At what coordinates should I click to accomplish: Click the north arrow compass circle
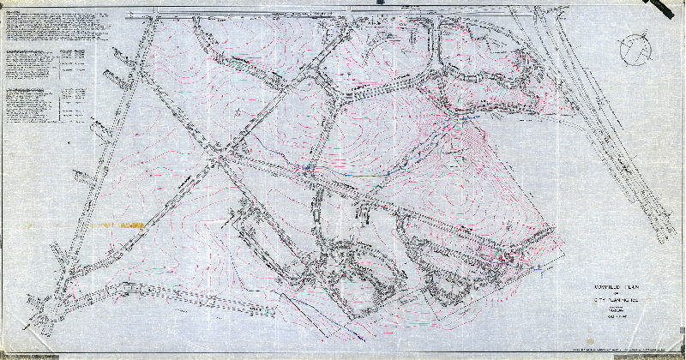pyautogui.click(x=636, y=47)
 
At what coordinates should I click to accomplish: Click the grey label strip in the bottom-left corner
pyautogui.click(x=26, y=353)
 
